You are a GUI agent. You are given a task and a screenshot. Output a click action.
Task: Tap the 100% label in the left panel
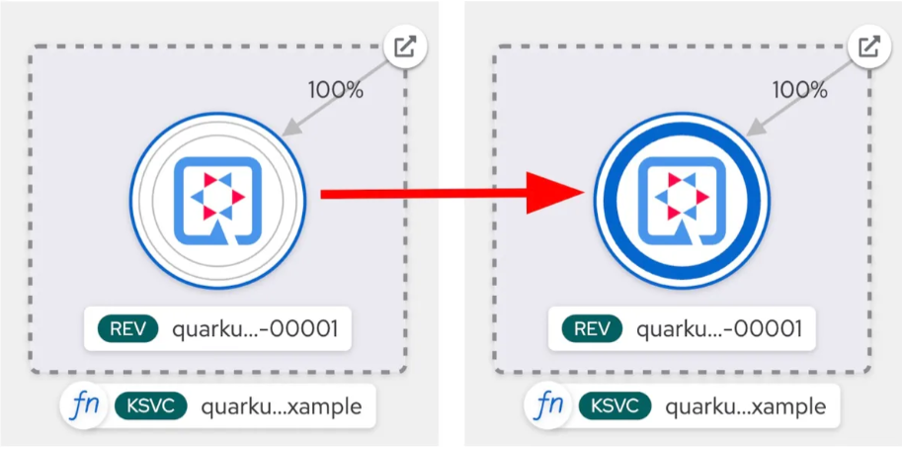[x=336, y=89]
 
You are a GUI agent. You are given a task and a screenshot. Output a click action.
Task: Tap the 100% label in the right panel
[x=799, y=89]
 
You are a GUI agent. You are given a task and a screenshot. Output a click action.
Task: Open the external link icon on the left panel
[x=404, y=47]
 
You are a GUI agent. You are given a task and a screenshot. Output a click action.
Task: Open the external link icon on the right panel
[x=868, y=47]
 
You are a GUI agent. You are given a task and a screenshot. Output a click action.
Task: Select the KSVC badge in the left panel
[x=151, y=406]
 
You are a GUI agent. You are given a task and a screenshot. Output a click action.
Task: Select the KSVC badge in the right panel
[x=615, y=406]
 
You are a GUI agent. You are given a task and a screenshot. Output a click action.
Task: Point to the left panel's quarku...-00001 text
[x=255, y=329]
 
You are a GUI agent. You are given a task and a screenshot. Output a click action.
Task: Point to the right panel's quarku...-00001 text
[x=718, y=329]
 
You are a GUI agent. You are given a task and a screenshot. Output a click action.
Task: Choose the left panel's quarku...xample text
[x=281, y=406]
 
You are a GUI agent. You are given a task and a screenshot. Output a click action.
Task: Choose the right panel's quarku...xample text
[x=745, y=406]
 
